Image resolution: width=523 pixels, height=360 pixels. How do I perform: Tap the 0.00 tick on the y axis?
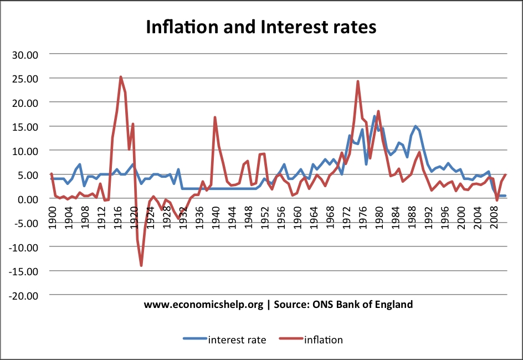[28, 199]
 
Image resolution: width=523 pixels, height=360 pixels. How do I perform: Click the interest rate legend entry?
[224, 340]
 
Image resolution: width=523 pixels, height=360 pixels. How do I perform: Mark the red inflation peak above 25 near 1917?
[121, 77]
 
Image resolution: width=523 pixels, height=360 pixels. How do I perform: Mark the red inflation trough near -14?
[141, 266]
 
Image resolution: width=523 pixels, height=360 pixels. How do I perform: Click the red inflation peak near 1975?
[358, 81]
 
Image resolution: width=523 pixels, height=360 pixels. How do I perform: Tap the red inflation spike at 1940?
[215, 117]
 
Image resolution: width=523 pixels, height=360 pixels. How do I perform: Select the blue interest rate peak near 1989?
[416, 126]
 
